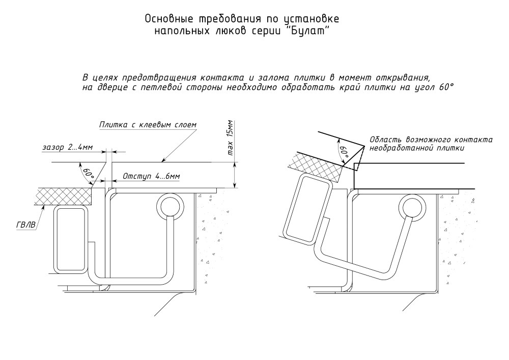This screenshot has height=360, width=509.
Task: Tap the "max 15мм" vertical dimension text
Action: tap(230, 138)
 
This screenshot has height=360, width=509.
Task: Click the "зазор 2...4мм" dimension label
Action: tap(67, 148)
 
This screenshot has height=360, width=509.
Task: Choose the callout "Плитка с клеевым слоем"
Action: tap(148, 124)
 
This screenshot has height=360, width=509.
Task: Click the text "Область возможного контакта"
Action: tap(430, 140)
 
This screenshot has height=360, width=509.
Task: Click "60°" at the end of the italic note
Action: tap(444, 87)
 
